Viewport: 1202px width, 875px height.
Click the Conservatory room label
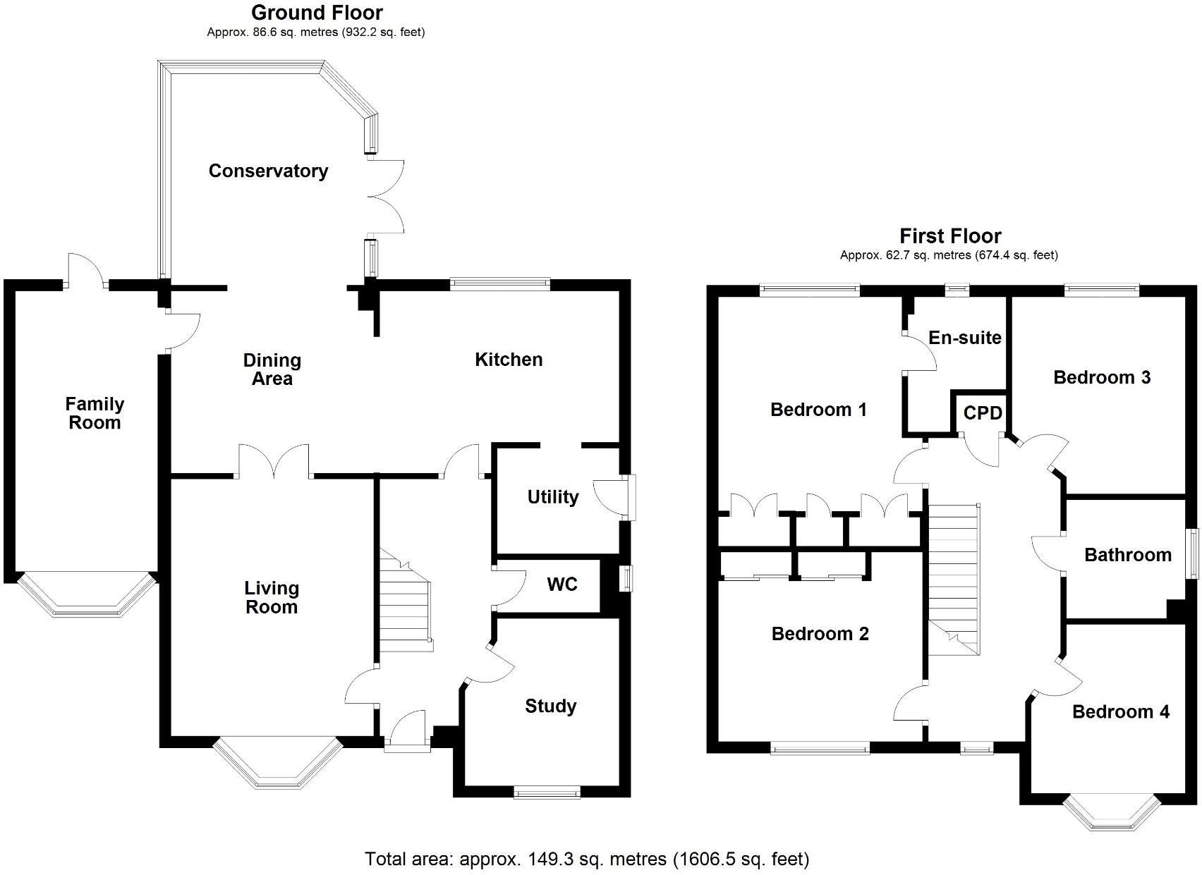[x=268, y=171]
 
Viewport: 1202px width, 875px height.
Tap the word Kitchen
[x=509, y=360]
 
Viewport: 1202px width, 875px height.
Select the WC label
[x=562, y=585]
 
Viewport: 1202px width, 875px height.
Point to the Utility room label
[x=553, y=497]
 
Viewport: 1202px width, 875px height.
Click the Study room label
[x=550, y=706]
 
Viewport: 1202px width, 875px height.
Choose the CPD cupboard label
[x=983, y=413]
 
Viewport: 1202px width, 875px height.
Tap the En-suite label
[x=964, y=338]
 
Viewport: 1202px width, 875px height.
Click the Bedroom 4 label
[x=1120, y=712]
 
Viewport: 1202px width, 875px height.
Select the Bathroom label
[x=1127, y=555]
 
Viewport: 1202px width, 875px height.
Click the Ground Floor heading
[x=317, y=13]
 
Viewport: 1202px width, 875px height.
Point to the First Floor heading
[x=949, y=235]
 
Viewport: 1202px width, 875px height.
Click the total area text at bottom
[x=587, y=859]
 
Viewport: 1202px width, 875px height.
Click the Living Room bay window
[x=277, y=765]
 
